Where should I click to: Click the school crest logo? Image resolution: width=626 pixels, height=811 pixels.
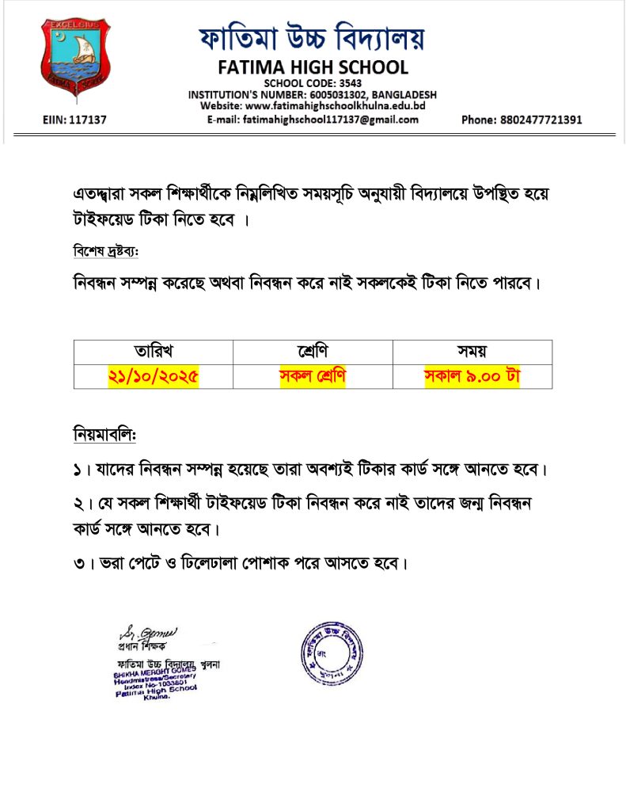pyautogui.click(x=76, y=59)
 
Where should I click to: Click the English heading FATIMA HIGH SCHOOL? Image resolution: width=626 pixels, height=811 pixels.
pyautogui.click(x=312, y=67)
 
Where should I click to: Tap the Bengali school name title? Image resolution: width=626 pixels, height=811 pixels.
pyautogui.click(x=312, y=36)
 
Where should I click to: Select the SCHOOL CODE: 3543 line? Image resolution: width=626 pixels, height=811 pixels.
pyautogui.click(x=312, y=83)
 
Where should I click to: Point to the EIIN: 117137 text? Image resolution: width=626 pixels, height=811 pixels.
pyautogui.click(x=74, y=120)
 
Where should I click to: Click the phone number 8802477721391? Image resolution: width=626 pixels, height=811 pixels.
pyautogui.click(x=522, y=120)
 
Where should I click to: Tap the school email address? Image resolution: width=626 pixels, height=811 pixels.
pyautogui.click(x=312, y=120)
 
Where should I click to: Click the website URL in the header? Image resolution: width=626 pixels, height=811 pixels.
pyautogui.click(x=313, y=106)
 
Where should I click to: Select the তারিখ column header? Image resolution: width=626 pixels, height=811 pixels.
pyautogui.click(x=154, y=352)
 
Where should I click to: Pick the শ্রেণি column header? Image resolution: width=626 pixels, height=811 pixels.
pyautogui.click(x=313, y=352)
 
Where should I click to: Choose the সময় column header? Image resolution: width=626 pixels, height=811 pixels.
pyautogui.click(x=472, y=352)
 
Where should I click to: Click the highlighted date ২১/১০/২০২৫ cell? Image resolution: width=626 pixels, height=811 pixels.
pyautogui.click(x=154, y=375)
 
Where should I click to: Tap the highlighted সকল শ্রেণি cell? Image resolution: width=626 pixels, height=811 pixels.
pyautogui.click(x=313, y=375)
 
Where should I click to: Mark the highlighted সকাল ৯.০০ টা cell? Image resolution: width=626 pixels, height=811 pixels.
pyautogui.click(x=472, y=375)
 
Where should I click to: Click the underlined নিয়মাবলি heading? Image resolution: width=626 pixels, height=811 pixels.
pyautogui.click(x=104, y=435)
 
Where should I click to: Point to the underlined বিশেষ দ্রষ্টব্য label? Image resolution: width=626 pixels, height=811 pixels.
pyautogui.click(x=105, y=251)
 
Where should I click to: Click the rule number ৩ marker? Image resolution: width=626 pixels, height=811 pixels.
pyautogui.click(x=78, y=565)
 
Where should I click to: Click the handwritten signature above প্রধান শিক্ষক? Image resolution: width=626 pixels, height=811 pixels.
pyautogui.click(x=148, y=633)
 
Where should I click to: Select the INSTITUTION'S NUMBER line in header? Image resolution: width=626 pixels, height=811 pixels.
pyautogui.click(x=312, y=94)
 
